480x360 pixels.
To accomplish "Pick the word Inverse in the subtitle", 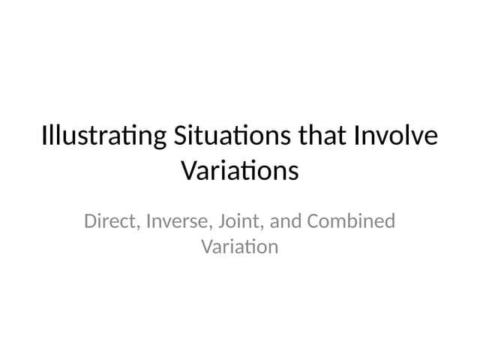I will coord(178,222).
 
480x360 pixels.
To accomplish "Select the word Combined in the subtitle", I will coord(352,222).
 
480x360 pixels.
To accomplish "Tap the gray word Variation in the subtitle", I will coord(240,246).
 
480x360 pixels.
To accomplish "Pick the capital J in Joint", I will coord(223,222).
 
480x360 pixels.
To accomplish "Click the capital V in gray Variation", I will coord(207,246).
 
